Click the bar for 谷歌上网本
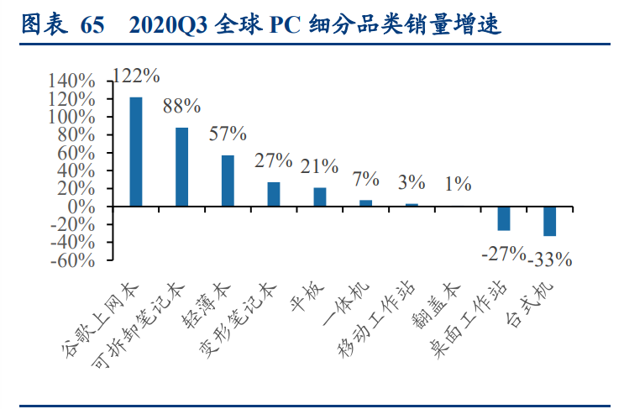[x=136, y=152]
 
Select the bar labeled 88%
[x=181, y=167]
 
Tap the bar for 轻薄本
[x=228, y=181]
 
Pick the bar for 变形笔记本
[x=274, y=194]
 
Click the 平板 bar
[x=320, y=197]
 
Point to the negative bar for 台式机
[x=549, y=221]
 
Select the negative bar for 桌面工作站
[x=504, y=218]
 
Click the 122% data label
[x=135, y=76]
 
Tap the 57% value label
[x=228, y=134]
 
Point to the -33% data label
[x=550, y=260]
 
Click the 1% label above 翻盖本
[x=458, y=184]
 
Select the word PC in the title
[x=284, y=25]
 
